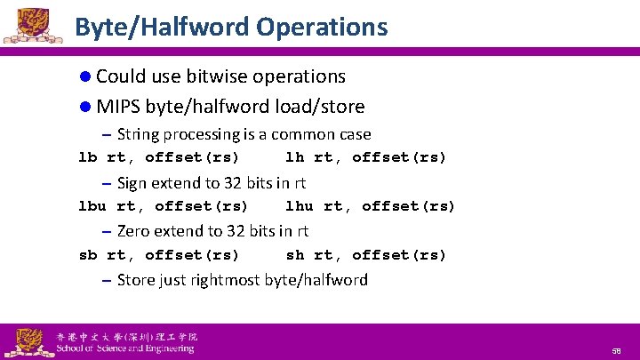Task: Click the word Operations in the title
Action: (x=322, y=28)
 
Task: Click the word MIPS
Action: (x=118, y=107)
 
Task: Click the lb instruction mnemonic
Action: (x=87, y=158)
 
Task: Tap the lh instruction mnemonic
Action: (x=294, y=158)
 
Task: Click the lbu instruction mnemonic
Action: (x=92, y=207)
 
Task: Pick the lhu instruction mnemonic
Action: (x=299, y=207)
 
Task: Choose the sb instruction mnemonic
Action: (x=87, y=255)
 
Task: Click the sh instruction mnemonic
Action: (x=294, y=255)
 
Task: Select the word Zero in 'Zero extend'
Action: (x=133, y=231)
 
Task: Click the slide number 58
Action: (x=616, y=351)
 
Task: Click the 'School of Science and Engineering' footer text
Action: (x=124, y=348)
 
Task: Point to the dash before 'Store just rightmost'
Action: (x=106, y=280)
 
